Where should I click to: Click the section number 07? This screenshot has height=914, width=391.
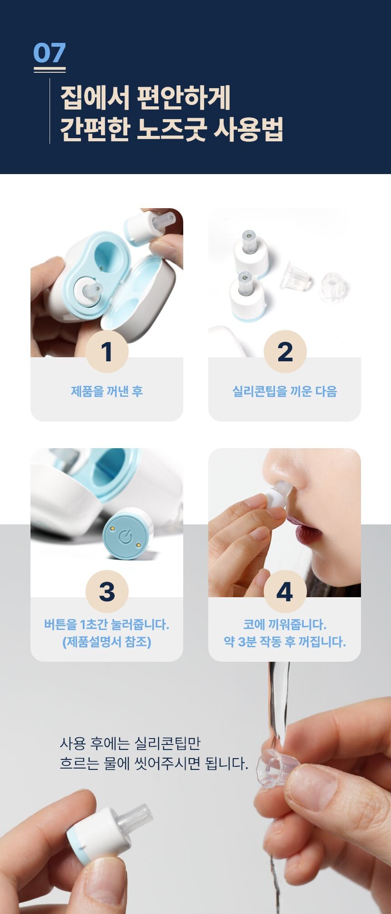[50, 53]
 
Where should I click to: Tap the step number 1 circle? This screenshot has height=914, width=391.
[107, 351]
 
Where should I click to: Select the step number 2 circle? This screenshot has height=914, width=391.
[285, 351]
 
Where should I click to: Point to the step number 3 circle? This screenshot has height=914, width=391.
[107, 591]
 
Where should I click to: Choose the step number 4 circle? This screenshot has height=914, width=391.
[285, 591]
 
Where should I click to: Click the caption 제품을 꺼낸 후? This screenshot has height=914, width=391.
[107, 391]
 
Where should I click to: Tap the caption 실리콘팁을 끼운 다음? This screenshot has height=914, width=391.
[285, 391]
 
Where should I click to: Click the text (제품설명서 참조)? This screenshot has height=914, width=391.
[107, 642]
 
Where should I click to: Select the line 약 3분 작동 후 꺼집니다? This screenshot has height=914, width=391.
[285, 642]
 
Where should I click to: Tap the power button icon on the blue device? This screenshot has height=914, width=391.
[125, 537]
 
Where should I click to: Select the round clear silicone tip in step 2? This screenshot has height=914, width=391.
[334, 287]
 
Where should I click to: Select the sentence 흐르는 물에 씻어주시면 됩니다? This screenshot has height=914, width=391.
[154, 763]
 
